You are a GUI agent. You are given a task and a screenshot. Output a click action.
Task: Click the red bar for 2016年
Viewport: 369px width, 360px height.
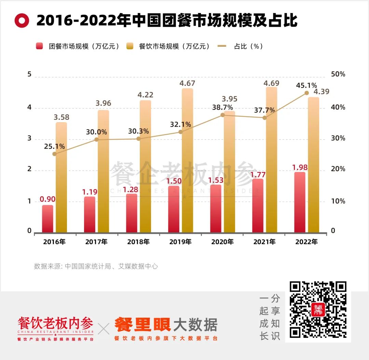(x=48, y=219)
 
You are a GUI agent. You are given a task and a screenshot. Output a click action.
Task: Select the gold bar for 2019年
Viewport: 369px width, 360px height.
(x=187, y=160)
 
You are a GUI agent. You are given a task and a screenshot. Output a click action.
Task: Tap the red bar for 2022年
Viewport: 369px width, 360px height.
(x=300, y=202)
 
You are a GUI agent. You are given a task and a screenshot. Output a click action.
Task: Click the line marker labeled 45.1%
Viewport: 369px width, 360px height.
(x=306, y=93)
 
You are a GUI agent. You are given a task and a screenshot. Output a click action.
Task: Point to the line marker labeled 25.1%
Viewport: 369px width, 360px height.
(x=54, y=154)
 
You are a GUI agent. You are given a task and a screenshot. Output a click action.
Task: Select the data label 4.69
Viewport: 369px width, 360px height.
(x=272, y=83)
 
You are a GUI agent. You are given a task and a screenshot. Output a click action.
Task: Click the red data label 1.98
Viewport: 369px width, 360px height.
(x=300, y=168)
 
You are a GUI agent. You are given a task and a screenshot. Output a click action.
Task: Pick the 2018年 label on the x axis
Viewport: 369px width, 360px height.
(x=138, y=242)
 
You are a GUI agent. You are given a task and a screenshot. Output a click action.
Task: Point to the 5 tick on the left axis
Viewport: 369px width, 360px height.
(x=29, y=74)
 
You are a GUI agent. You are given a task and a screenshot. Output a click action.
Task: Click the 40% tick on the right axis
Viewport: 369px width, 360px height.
(x=338, y=107)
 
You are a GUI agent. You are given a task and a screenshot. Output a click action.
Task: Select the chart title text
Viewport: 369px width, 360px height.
(x=167, y=21)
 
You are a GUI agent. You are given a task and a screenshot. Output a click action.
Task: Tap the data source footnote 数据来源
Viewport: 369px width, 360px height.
(x=96, y=266)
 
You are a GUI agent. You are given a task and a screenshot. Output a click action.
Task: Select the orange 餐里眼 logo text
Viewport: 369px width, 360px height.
(x=142, y=325)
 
